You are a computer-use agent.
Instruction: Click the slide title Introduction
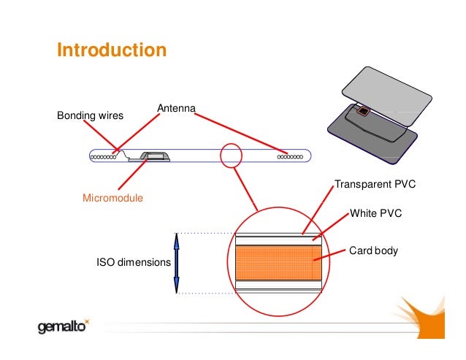click(112, 51)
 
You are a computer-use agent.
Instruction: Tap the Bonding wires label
click(91, 115)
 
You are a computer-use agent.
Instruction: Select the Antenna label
click(176, 109)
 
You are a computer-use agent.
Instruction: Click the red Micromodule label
click(112, 198)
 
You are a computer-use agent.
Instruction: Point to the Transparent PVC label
click(375, 184)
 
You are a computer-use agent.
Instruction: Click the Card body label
click(374, 250)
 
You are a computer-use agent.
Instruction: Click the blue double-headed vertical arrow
click(176, 262)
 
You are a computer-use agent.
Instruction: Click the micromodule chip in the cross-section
click(154, 156)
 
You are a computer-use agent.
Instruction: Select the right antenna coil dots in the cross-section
click(291, 156)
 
